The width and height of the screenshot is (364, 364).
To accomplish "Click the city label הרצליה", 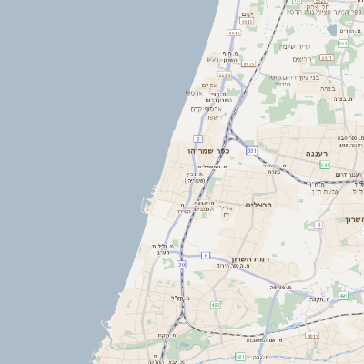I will tap(259, 206).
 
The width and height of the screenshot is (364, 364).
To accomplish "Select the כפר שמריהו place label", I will tap(208, 150).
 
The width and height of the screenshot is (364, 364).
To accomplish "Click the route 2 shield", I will tap(197, 138).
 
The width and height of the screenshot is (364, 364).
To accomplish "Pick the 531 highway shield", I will tap(251, 150).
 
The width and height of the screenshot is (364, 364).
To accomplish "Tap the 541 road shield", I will tap(325, 165).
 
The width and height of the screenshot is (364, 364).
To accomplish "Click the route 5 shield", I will tap(206, 256).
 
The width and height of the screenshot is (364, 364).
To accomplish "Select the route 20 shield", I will tap(182, 265).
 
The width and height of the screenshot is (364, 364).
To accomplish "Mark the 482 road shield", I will tap(216, 304).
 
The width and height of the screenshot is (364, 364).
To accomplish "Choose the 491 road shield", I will tap(342, 296).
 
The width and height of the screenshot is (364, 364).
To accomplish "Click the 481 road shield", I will tap(312, 335).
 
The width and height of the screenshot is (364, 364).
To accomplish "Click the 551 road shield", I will tap(342, 43).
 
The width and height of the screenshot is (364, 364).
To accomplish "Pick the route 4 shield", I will tap(318, 224).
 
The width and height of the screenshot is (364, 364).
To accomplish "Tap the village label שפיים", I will tap(207, 84).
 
